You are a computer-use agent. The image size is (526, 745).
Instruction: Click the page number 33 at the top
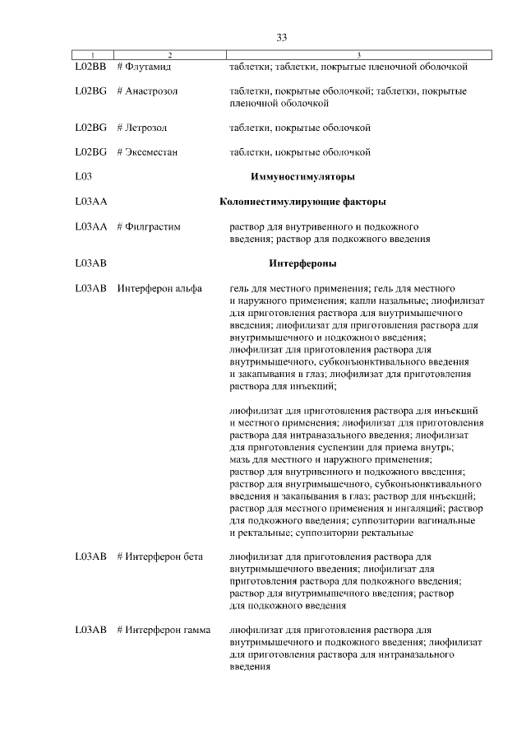281,38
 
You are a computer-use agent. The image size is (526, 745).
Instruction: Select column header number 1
91,55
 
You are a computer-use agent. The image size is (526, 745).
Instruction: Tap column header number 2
169,55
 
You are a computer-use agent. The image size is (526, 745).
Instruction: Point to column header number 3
359,55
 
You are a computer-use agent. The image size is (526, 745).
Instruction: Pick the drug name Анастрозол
152,90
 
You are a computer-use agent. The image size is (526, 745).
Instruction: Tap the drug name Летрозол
147,128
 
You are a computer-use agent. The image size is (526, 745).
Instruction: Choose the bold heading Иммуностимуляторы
302,177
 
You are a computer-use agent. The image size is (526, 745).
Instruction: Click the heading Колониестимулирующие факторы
302,202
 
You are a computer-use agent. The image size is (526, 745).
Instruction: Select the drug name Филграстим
153,226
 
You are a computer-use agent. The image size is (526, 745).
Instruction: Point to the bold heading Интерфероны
302,264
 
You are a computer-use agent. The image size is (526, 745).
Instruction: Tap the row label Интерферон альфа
159,289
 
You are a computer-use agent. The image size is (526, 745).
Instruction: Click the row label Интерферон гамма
163,631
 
